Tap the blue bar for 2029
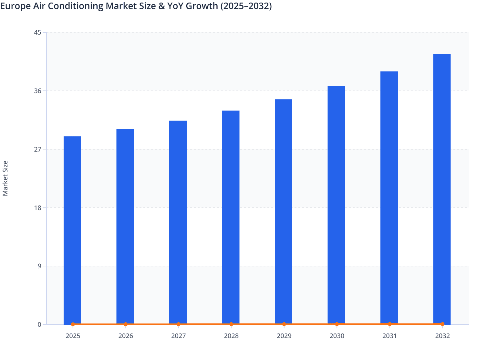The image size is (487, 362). (284, 212)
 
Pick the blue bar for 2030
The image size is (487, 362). (336, 205)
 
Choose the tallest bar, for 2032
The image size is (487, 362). (442, 189)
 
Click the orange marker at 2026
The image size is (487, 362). (126, 324)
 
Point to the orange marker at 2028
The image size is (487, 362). (231, 324)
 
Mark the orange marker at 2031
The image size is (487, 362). (389, 324)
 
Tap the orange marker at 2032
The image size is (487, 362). (442, 324)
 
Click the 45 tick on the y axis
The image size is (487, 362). (37, 32)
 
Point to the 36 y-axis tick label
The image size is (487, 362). (37, 91)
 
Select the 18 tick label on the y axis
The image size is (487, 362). (37, 208)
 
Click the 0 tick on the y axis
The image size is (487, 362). (39, 325)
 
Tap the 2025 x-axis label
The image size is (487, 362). (73, 336)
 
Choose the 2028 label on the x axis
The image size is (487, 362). (231, 336)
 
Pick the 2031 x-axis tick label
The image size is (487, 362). (389, 336)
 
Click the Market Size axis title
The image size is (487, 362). (5, 178)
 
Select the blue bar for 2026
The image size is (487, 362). (125, 227)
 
